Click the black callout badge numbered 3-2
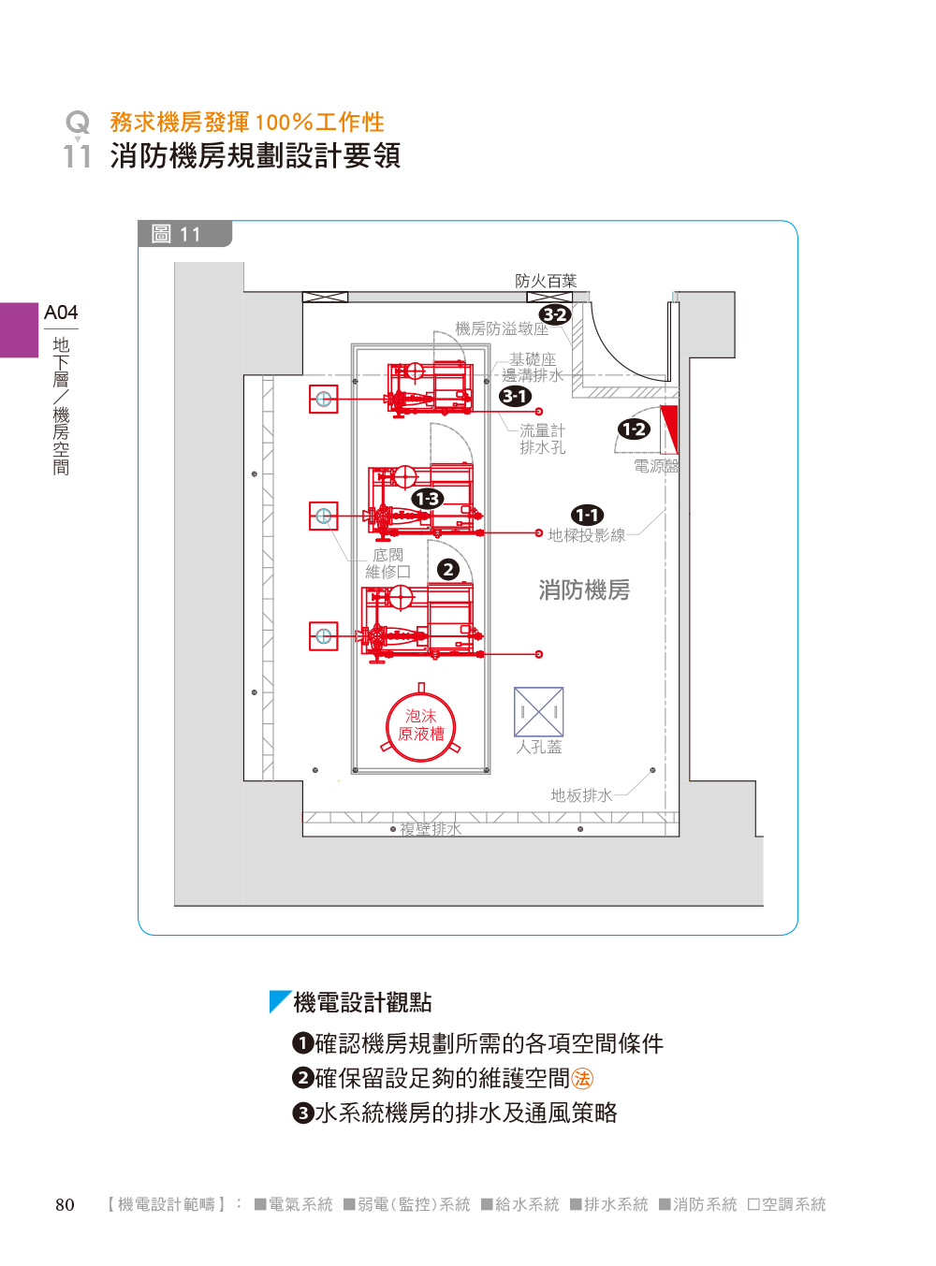coord(555,314)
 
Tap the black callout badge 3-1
coord(515,396)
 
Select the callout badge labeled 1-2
coord(634,429)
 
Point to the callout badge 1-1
coord(588,515)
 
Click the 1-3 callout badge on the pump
coord(428,499)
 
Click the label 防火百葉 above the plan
coord(546,281)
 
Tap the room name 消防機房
coord(584,589)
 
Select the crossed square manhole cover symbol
coord(538,712)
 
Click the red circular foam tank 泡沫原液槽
coord(421,725)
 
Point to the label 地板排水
coord(581,795)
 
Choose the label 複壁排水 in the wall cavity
coord(431,829)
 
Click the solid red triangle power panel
coord(670,427)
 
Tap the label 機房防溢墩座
coord(502,328)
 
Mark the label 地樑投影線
coord(587,535)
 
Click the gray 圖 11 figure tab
coord(183,234)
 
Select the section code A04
coord(61,313)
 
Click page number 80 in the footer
coord(65,1204)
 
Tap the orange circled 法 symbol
coord(582,1079)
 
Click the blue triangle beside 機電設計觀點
coord(278,1001)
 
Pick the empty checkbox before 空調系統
coord(753,1204)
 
